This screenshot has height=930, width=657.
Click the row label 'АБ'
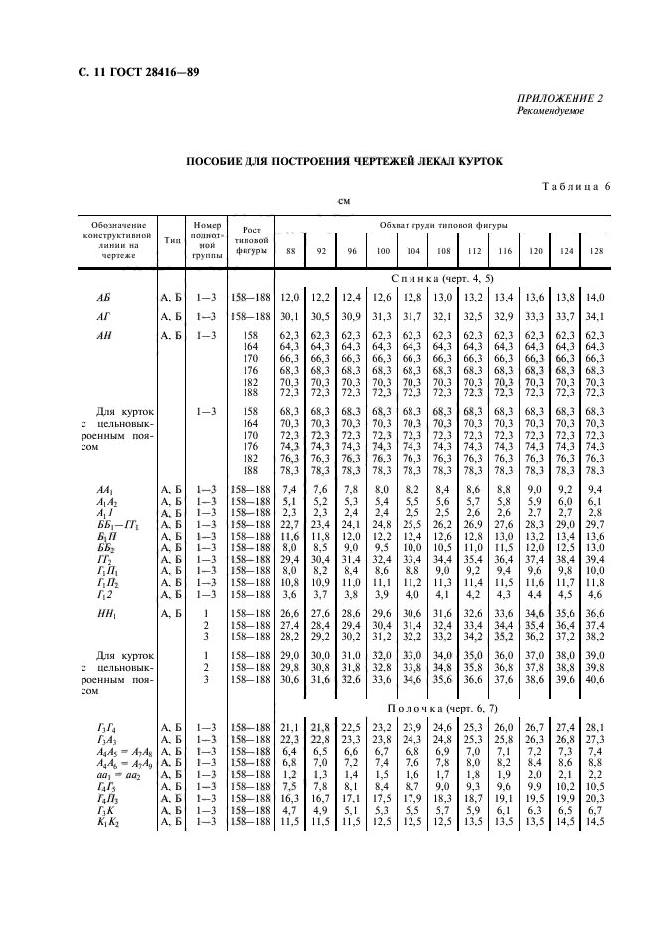(103, 297)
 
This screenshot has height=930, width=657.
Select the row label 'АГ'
(103, 316)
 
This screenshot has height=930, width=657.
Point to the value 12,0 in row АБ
(290, 297)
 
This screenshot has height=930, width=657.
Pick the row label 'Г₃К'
(103, 811)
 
